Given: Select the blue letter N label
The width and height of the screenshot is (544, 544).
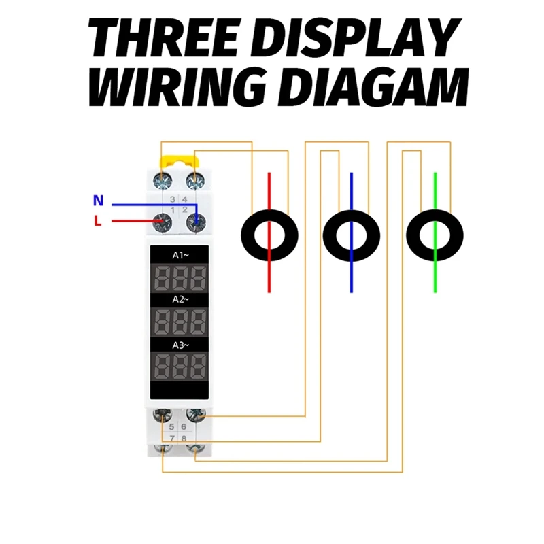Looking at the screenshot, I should [x=99, y=201].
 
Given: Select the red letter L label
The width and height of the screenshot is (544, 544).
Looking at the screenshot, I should [x=98, y=221].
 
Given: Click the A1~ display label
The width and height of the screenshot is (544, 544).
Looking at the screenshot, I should [x=180, y=255].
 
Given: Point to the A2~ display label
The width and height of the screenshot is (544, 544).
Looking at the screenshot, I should [x=180, y=299].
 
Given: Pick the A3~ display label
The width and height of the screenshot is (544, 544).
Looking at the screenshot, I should [x=180, y=344].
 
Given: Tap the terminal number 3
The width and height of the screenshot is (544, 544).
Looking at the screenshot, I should [x=173, y=199].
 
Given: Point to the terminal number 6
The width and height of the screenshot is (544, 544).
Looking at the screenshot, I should [x=184, y=426].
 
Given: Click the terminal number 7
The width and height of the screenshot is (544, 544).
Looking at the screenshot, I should [x=173, y=439].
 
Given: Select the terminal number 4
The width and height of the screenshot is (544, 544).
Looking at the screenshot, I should [x=184, y=199].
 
